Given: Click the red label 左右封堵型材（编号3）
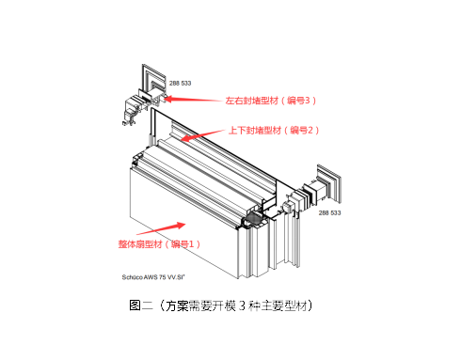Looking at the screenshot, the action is coord(271,101).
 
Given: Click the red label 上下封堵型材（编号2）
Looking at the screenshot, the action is coord(274,130).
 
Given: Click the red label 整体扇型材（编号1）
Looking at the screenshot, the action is coord(159,244).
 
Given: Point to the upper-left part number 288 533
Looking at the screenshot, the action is coord(180,84).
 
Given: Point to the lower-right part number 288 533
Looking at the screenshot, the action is coord(329,213).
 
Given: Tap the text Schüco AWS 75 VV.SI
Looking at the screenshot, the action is coord(153,277).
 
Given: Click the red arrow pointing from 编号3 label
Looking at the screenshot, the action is coord(193,100).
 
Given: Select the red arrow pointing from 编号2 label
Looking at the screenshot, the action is coord(202,135).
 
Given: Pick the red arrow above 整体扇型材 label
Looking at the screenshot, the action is coord(161,228).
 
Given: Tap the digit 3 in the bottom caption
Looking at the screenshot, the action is coord(242,305).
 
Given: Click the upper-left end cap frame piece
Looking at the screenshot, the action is coord(154,81).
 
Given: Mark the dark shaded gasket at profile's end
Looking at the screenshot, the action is coord(256,218).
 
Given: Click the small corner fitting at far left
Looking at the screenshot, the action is coord(129,120).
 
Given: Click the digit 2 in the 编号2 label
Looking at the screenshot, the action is coord(310,130).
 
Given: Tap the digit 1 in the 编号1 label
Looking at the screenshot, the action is coord(191,244).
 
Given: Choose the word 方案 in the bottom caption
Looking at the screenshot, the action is coord(177,305).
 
